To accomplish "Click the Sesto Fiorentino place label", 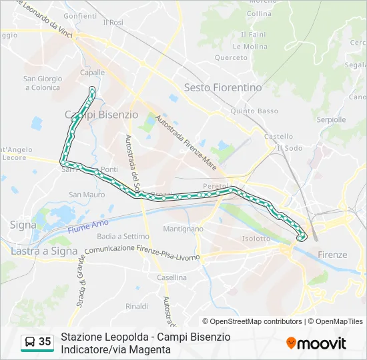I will [223, 87].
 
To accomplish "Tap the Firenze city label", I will [332, 255].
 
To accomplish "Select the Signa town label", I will [23, 225].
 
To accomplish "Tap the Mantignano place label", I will [183, 229].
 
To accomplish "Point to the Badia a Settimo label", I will [123, 236].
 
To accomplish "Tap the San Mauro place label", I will [87, 195].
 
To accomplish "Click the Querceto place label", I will [231, 57].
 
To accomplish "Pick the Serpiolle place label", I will [332, 120].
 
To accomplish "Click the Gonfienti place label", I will [81, 15].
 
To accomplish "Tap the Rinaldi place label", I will [137, 306].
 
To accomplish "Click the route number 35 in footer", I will [45, 342].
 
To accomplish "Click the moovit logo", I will [316, 343].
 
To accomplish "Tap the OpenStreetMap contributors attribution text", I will [252, 321].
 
